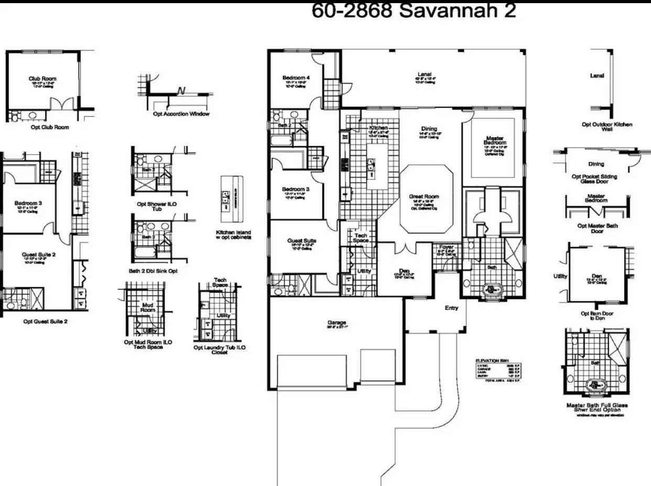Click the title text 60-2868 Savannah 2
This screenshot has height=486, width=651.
[414, 11]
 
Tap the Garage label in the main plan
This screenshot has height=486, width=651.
[336, 323]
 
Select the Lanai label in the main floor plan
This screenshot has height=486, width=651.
[424, 74]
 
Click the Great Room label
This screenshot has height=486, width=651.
[424, 197]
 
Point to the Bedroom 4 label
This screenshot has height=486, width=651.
[296, 78]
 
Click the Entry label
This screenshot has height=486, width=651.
[451, 308]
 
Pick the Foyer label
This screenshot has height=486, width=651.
[446, 247]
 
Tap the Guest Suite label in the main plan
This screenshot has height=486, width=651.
[301, 241]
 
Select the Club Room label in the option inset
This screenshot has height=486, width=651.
[42, 79]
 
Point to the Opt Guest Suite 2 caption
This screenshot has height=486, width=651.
[45, 322]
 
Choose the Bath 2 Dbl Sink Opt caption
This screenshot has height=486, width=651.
[153, 271]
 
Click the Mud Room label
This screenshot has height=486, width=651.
[148, 307]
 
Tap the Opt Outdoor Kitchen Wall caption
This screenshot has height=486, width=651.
[607, 127]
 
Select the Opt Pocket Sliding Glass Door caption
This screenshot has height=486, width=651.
[594, 179]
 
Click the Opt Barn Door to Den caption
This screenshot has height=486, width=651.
[595, 316]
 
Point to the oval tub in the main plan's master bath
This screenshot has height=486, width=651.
[491, 290]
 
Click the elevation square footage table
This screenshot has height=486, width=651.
[497, 370]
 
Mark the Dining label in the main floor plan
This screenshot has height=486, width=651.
[429, 129]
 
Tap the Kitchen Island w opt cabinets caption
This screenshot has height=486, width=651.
[233, 235]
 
